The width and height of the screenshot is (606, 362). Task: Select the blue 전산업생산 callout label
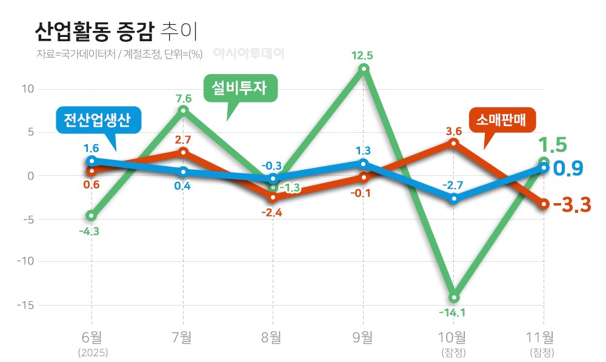pos(97,119)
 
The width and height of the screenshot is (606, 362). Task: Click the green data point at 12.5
pos(363,69)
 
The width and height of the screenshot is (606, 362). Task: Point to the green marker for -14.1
pos(454,298)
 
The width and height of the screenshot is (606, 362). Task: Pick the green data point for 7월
pos(183,110)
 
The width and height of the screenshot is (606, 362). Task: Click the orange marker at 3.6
pos(454,143)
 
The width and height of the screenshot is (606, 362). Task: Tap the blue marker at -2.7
pos(454,198)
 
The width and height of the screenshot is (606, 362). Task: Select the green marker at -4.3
pos(92,215)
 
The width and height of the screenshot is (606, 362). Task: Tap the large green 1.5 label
pos(553,145)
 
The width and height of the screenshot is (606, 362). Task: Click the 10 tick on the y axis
pos(28,89)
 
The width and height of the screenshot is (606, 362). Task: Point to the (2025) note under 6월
pos(92,352)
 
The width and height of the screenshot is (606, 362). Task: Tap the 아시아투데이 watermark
pos(248,53)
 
